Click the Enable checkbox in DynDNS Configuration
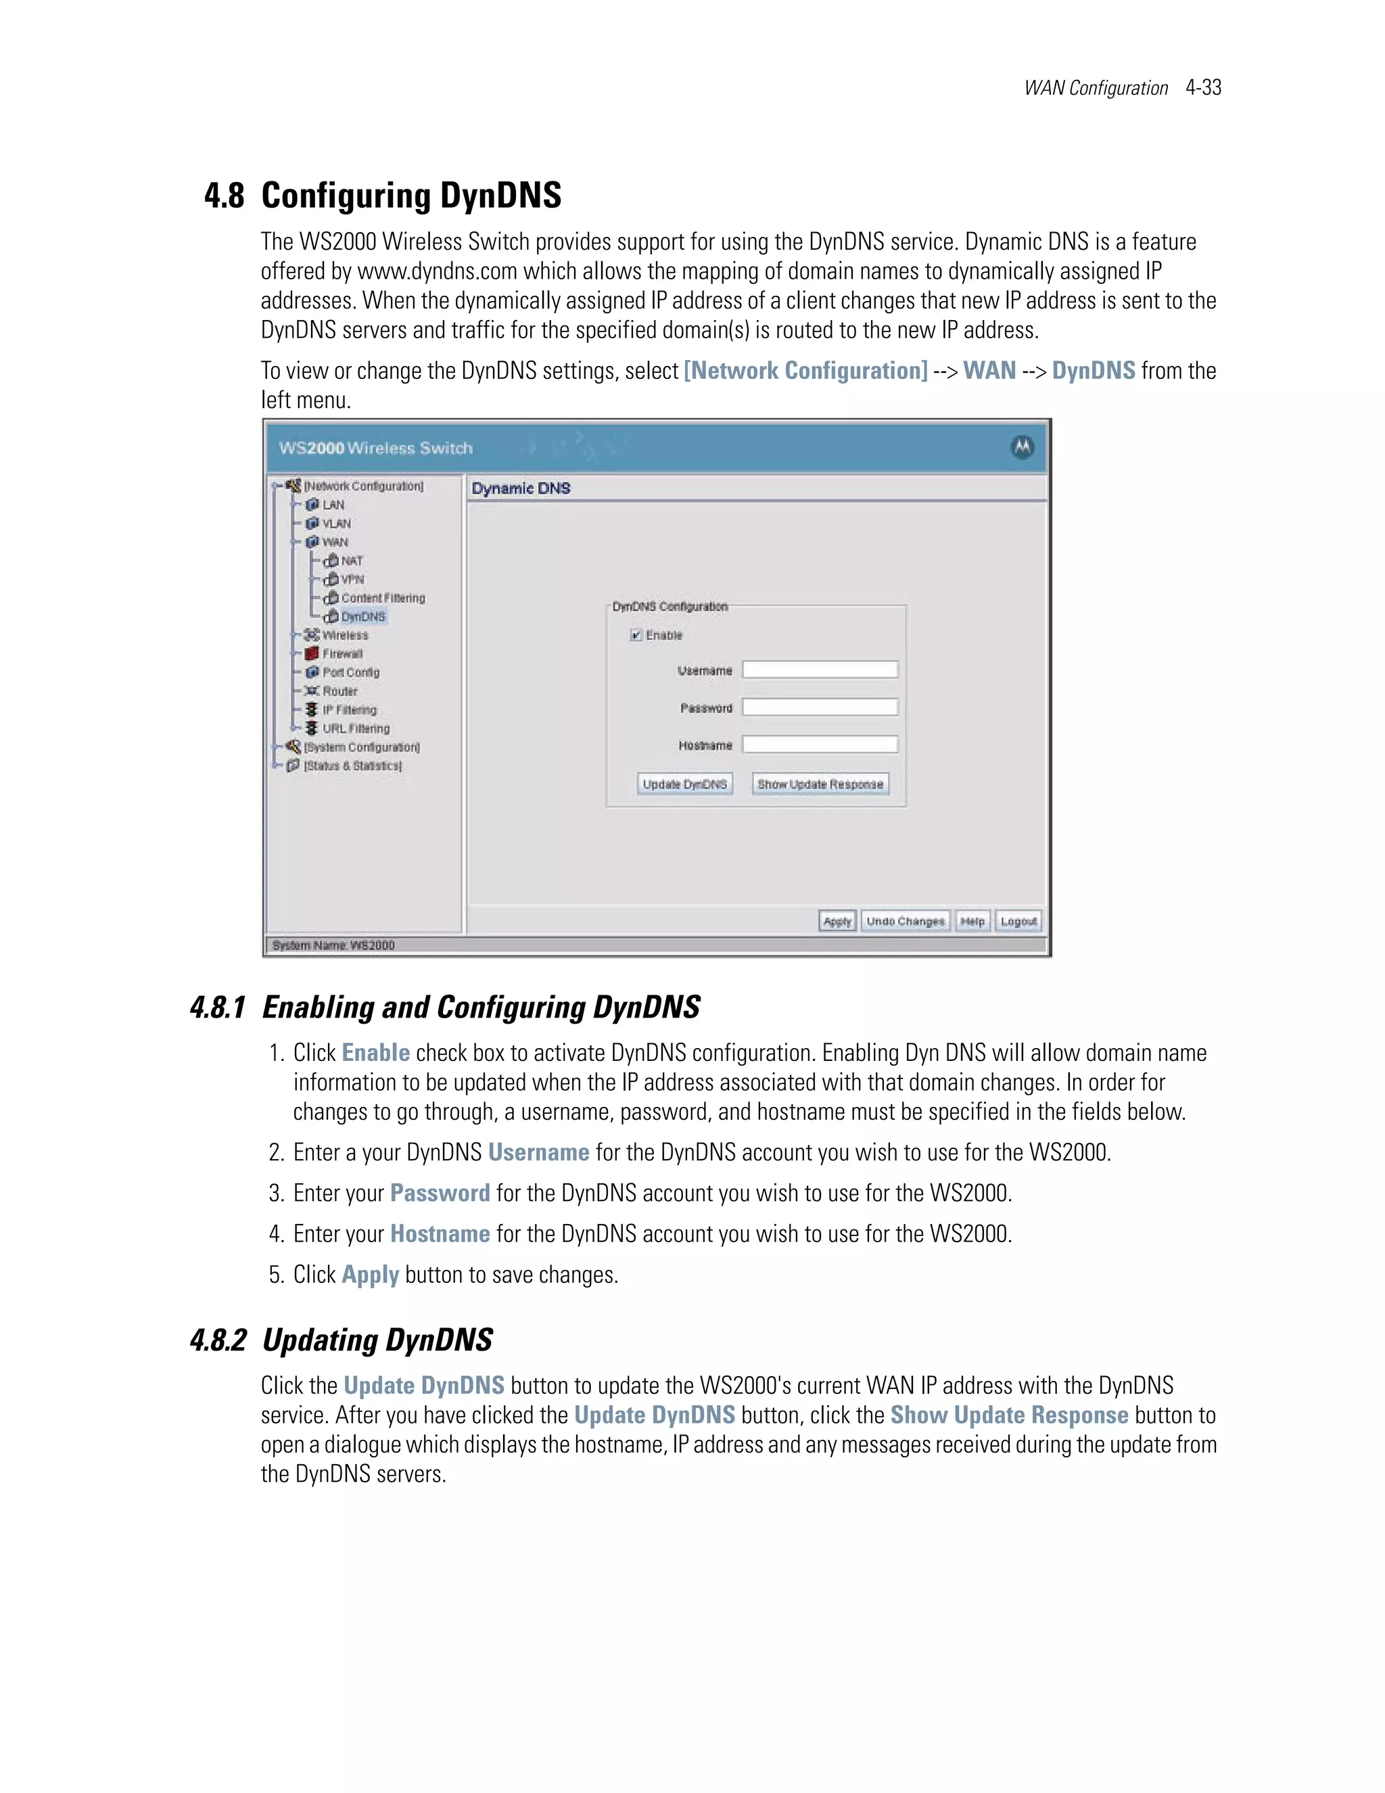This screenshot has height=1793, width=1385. tap(635, 635)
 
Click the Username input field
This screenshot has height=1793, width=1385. tap(820, 670)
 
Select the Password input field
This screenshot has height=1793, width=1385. tap(820, 707)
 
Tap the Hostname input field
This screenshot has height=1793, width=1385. tap(820, 745)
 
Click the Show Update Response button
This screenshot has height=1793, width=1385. tap(820, 784)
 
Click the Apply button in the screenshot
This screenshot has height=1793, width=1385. tap(837, 921)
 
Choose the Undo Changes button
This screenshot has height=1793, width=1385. tap(905, 921)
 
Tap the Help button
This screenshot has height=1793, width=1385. tap(972, 921)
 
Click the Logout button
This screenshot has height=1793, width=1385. tap(1018, 921)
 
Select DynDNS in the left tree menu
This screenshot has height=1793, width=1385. tap(362, 616)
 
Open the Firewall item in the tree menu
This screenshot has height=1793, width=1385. tap(342, 654)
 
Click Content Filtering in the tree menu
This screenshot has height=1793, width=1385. tap(382, 597)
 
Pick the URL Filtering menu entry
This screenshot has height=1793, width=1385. tap(355, 728)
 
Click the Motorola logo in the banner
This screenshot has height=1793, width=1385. tap(1022, 447)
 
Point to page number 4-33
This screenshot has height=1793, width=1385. tap(1203, 88)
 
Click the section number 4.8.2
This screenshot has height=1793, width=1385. tap(218, 1340)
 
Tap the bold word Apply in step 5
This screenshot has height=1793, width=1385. tap(370, 1274)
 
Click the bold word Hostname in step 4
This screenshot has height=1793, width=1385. tap(440, 1234)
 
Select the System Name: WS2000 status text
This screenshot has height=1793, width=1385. tap(333, 946)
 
